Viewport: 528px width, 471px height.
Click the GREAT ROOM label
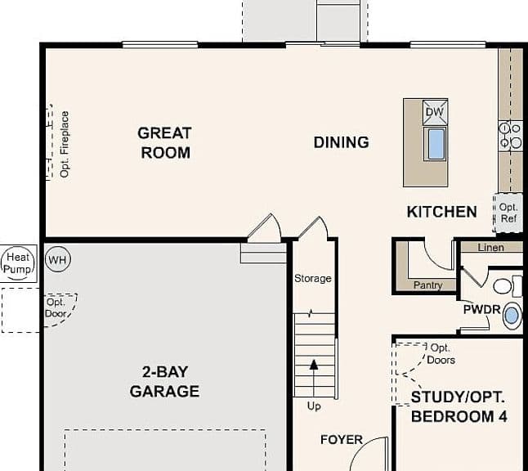point(164,143)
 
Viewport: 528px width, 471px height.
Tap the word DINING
point(341,142)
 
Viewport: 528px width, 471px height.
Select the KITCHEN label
point(442,212)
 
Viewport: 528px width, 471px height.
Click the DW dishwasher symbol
point(435,112)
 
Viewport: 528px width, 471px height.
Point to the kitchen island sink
point(436,144)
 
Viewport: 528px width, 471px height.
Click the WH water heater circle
point(58,259)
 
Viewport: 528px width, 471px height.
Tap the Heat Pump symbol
point(18,263)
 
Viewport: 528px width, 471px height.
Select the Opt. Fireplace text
point(65,144)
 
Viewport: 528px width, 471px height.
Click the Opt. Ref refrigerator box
point(508,213)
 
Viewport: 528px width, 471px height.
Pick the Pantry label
point(427,285)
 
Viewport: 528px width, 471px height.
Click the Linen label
point(491,248)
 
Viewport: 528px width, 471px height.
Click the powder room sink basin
point(512,316)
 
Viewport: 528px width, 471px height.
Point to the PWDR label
point(482,310)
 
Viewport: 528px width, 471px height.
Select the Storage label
point(313,278)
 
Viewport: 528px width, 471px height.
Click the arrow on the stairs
point(314,378)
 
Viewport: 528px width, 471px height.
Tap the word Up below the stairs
point(314,406)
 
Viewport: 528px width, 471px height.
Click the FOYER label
point(342,439)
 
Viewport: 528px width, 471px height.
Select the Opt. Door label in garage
point(56,308)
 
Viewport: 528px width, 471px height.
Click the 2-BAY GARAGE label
point(164,382)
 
